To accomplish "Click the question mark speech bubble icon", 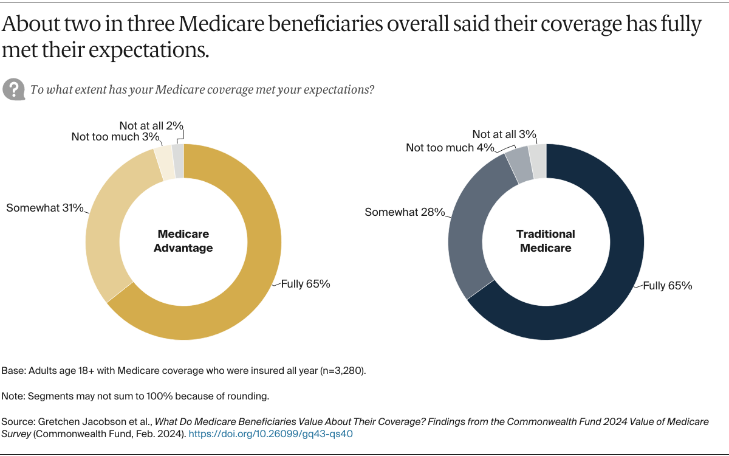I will coord(13,89).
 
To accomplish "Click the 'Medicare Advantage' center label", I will coord(183,241).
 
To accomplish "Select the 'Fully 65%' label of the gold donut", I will coord(306,284).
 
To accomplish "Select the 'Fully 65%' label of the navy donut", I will coord(668,285).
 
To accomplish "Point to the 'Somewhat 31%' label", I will coord(45,208).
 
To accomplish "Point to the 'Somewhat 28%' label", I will coord(405,212).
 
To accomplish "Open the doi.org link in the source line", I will coord(271,434).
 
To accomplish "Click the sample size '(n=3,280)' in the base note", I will coord(343,371).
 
